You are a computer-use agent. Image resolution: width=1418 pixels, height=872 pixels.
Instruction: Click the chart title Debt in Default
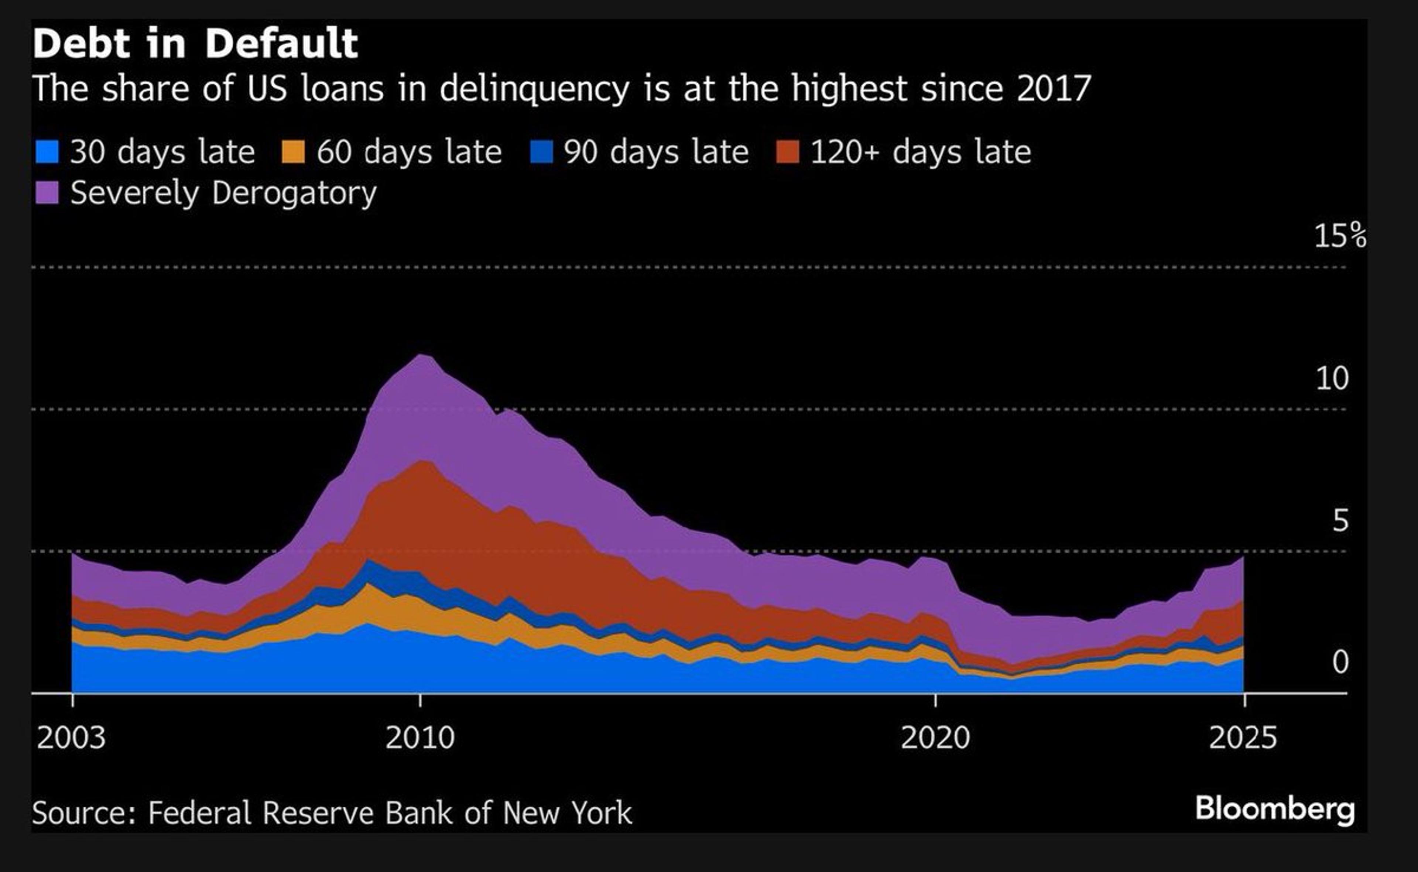point(195,44)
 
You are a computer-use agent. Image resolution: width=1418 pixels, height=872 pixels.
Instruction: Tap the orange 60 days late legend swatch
point(293,152)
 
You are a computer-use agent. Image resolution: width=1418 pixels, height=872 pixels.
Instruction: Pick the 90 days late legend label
point(656,152)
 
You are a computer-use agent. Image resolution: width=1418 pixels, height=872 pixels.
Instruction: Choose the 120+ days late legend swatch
point(787,152)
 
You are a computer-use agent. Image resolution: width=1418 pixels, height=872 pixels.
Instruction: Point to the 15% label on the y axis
point(1339,236)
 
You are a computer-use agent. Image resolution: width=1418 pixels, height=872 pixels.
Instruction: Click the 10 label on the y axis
point(1332,379)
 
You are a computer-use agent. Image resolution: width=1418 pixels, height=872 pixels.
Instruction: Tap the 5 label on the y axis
point(1340,521)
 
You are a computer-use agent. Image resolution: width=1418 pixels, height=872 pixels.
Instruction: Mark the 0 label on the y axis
point(1340,662)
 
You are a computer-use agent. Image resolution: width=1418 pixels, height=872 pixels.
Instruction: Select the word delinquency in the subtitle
point(534,89)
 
